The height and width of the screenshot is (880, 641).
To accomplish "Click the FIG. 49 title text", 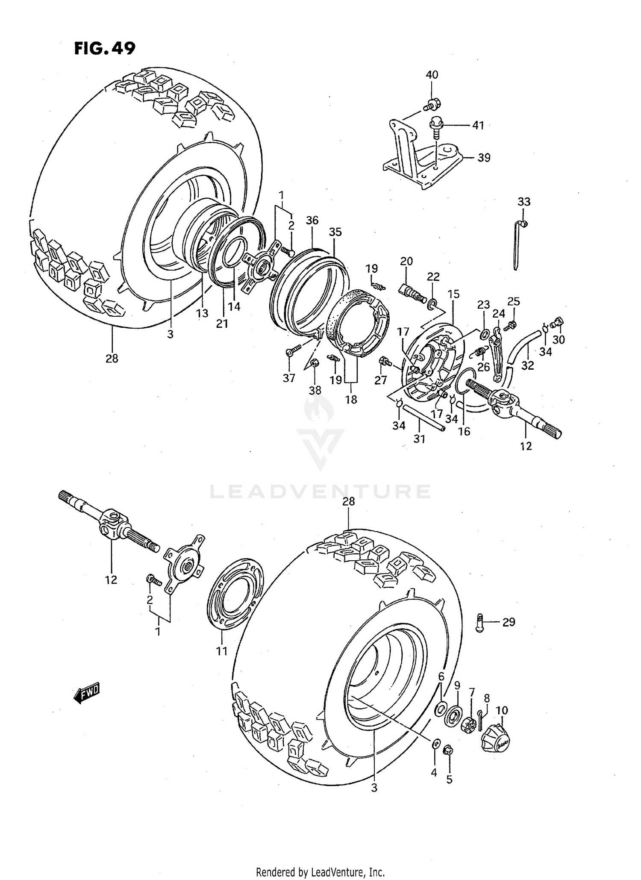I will [105, 48].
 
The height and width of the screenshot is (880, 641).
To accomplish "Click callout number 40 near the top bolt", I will [432, 75].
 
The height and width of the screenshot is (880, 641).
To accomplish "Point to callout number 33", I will [524, 201].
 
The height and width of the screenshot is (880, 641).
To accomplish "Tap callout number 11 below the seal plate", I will [221, 651].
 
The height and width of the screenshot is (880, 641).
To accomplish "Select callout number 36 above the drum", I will [312, 221].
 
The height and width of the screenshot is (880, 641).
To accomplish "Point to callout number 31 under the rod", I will [419, 439].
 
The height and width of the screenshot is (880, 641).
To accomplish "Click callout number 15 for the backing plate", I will [453, 294].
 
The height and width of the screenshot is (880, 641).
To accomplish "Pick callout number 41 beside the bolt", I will [478, 125].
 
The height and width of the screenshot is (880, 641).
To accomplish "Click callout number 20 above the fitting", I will [406, 261].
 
